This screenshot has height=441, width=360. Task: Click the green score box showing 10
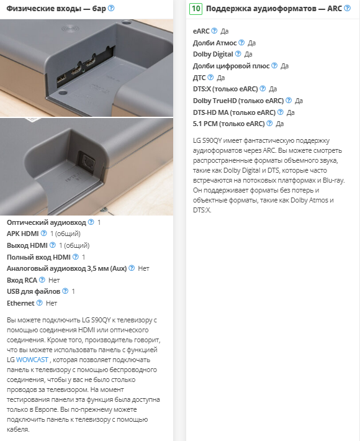click(196, 9)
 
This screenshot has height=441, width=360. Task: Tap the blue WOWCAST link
click(32, 360)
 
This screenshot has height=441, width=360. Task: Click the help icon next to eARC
click(214, 30)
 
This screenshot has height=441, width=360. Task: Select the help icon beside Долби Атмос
click(241, 42)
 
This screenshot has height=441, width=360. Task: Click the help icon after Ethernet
click(40, 303)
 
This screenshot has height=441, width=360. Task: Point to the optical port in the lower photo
click(87, 162)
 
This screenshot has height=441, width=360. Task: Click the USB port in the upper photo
click(61, 80)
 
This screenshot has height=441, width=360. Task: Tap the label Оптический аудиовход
click(47, 222)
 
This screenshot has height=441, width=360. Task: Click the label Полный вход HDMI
click(38, 257)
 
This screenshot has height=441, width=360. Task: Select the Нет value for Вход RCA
click(54, 280)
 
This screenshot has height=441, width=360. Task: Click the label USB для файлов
click(34, 291)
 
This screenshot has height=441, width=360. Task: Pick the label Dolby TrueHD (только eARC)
click(238, 101)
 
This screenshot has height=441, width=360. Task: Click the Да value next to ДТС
click(220, 78)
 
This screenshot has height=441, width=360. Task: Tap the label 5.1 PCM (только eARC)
click(229, 124)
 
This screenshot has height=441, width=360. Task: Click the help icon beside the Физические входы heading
click(111, 8)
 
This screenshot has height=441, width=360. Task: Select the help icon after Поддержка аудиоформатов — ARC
click(348, 8)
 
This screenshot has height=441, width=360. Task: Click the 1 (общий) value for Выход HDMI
click(74, 245)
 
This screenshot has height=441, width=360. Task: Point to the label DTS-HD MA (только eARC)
click(234, 112)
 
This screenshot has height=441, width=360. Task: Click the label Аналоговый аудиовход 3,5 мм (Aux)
click(66, 268)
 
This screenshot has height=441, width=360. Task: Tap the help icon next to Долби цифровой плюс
click(274, 66)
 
